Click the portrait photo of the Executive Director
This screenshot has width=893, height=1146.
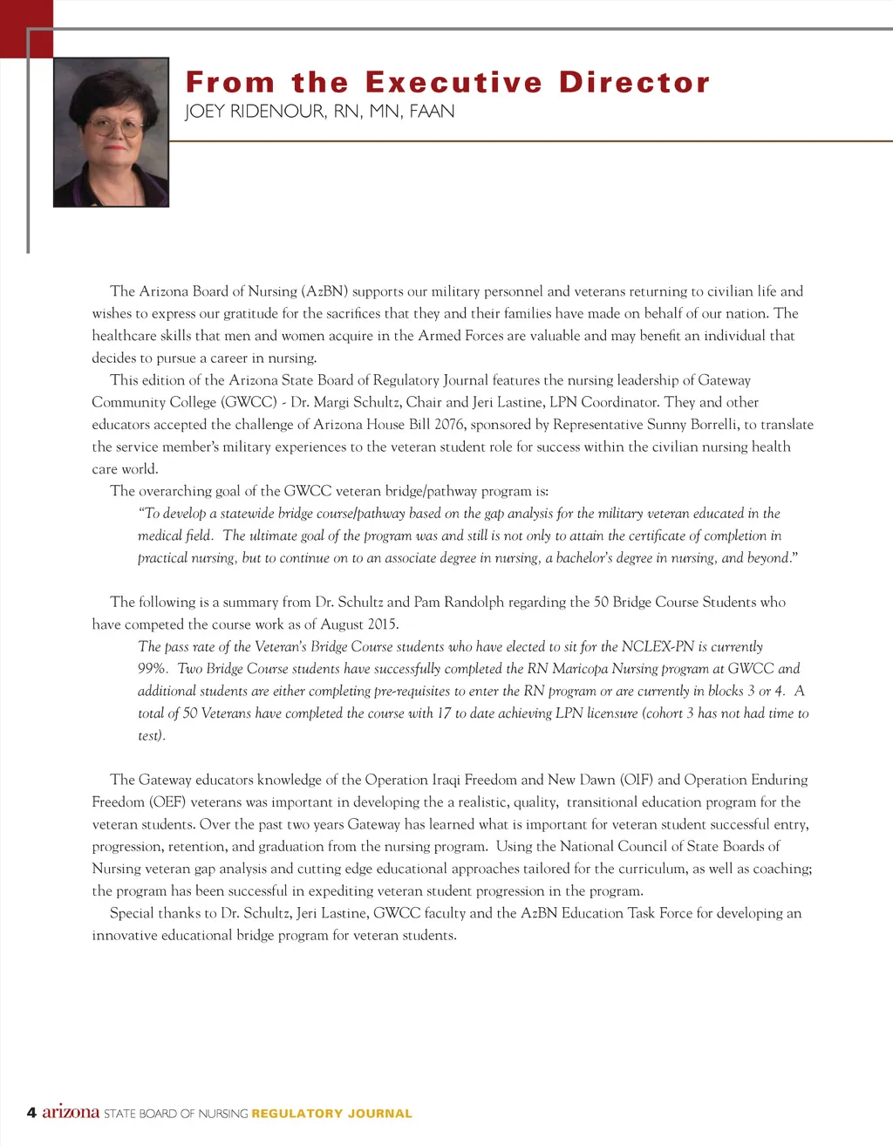111,133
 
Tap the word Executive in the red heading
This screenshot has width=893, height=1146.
453,83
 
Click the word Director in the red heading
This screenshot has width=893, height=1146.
634,83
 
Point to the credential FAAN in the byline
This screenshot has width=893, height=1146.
432,112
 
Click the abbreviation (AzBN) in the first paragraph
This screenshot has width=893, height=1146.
324,291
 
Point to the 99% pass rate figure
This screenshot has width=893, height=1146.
153,669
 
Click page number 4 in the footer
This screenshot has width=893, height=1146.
31,1112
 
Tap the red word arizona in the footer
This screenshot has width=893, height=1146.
71,1112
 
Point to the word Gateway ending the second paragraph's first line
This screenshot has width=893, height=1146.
723,380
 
